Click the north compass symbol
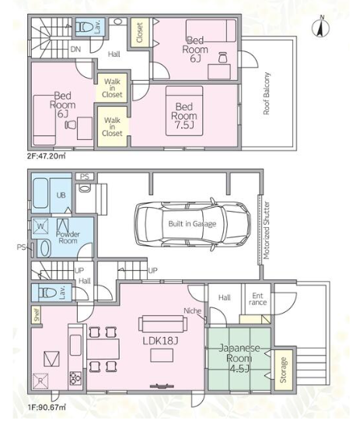pos(320,27)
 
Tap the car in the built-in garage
pos(193,223)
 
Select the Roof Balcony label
pos(266,93)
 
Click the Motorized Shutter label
pos(267,230)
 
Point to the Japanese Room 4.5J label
pos(239,359)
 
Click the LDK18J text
pos(160,341)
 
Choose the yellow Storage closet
pos(283,370)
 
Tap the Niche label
pos(192,310)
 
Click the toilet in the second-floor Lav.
pos(84,27)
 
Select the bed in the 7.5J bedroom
pos(184,111)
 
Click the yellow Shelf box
pos(37,314)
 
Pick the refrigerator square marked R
pos(40,381)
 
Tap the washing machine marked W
pos(40,226)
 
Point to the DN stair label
pos(75,49)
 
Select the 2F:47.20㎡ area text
pos(46,156)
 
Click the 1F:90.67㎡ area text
pos(47,407)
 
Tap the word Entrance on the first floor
pos(257,299)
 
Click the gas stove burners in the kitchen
pos(75,378)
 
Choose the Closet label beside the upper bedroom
pos(139,33)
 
